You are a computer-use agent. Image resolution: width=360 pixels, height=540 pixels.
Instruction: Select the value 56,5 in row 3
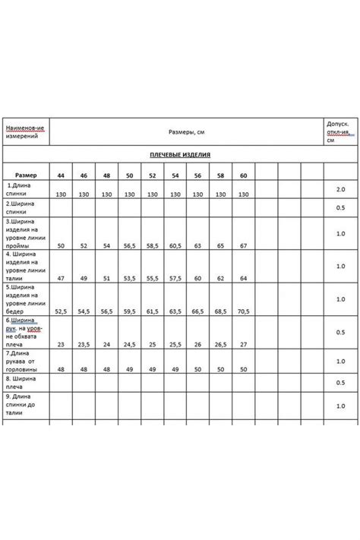129,246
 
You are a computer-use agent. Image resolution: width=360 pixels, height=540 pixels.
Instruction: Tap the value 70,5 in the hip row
243,311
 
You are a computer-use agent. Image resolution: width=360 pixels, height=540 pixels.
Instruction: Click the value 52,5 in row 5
61,311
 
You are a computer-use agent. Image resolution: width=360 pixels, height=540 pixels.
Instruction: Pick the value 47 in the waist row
60,279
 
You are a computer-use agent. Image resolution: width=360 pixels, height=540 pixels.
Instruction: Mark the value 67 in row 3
243,246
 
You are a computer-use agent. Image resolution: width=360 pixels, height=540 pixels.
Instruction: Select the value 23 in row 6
60,344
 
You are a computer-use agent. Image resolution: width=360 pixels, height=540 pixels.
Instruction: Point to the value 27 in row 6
243,344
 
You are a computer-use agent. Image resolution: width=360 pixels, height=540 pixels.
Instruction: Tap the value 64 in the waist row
243,279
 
